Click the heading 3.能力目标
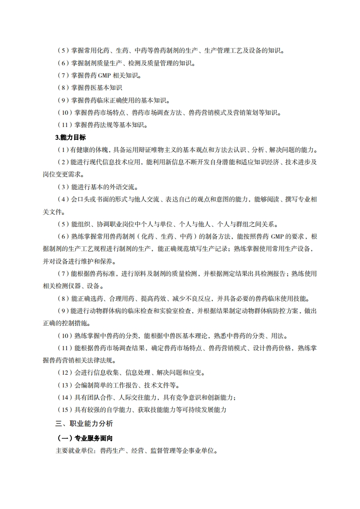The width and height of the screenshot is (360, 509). click(70, 137)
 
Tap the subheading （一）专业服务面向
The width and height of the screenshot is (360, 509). click(84, 439)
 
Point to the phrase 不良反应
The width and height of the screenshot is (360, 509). click(196, 299)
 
